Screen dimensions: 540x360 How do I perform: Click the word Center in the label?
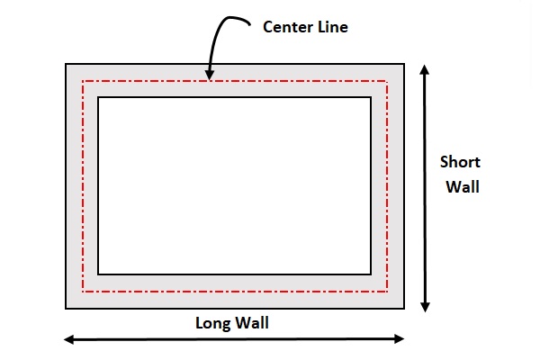coord(285,27)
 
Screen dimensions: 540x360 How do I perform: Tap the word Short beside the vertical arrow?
coord(459,163)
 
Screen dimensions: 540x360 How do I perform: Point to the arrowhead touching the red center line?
coord(209,76)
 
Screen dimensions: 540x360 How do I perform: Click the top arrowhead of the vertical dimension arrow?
coord(424,69)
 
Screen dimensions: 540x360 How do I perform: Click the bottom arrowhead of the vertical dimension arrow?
coord(424,306)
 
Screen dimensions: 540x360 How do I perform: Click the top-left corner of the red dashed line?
coord(83,81)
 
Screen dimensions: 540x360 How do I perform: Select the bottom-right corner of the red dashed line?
coord(387,292)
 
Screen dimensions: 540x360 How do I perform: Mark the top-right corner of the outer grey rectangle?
coord(404,64)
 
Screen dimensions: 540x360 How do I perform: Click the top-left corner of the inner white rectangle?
coord(98,96)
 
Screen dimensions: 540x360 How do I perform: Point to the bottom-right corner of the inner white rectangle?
coord(371,274)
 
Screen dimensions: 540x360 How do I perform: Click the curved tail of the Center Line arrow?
coord(236,18)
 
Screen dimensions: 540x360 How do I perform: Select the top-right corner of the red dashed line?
coord(387,81)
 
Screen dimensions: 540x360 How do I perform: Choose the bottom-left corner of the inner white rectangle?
coord(98,274)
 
